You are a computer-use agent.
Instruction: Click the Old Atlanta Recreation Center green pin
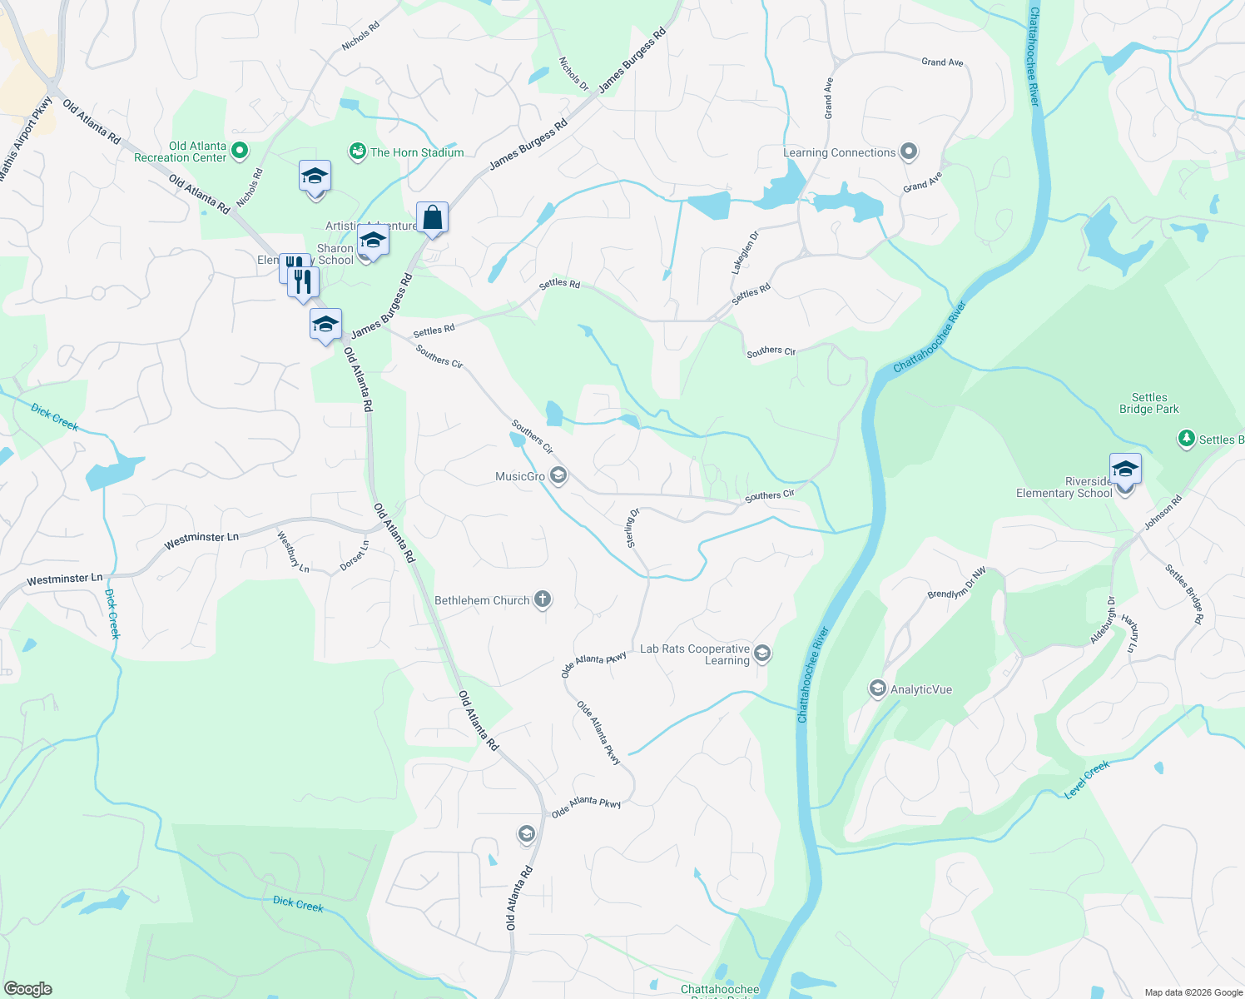240,151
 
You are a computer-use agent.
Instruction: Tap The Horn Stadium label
417,152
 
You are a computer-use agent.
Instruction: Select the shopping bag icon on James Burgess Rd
433,218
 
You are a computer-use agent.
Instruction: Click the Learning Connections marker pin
909,152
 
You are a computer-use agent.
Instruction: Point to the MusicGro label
520,476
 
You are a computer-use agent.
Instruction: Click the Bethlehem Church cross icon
542,599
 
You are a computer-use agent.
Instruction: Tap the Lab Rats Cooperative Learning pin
761,654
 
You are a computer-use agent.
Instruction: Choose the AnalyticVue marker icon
877,688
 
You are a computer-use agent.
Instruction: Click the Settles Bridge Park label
1148,403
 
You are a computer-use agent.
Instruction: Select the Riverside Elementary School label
1064,488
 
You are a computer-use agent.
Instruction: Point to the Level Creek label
1087,780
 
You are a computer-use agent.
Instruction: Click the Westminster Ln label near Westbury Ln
201,541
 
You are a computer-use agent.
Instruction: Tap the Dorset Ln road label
354,556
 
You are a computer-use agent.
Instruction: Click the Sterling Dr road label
632,528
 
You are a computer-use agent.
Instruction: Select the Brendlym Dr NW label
956,583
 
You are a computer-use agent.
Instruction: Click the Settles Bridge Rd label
1184,594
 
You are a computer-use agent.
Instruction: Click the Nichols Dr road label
573,74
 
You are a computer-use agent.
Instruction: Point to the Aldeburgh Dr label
1103,620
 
